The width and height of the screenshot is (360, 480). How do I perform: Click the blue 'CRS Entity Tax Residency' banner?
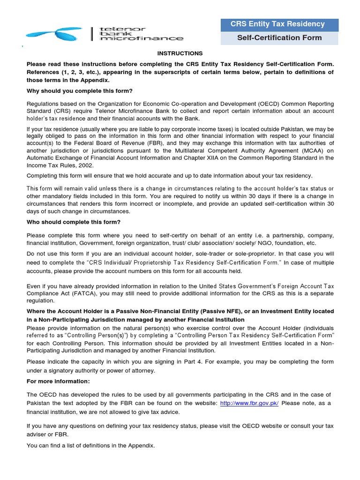coord(279,24)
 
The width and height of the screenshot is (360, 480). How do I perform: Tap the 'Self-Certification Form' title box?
coord(279,38)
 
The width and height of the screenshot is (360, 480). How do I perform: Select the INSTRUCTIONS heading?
coord(180,53)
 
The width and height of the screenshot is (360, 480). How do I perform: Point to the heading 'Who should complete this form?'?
coord(74,222)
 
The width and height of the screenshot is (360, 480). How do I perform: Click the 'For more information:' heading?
coord(58,381)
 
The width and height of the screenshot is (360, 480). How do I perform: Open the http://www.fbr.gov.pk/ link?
coord(249,404)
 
